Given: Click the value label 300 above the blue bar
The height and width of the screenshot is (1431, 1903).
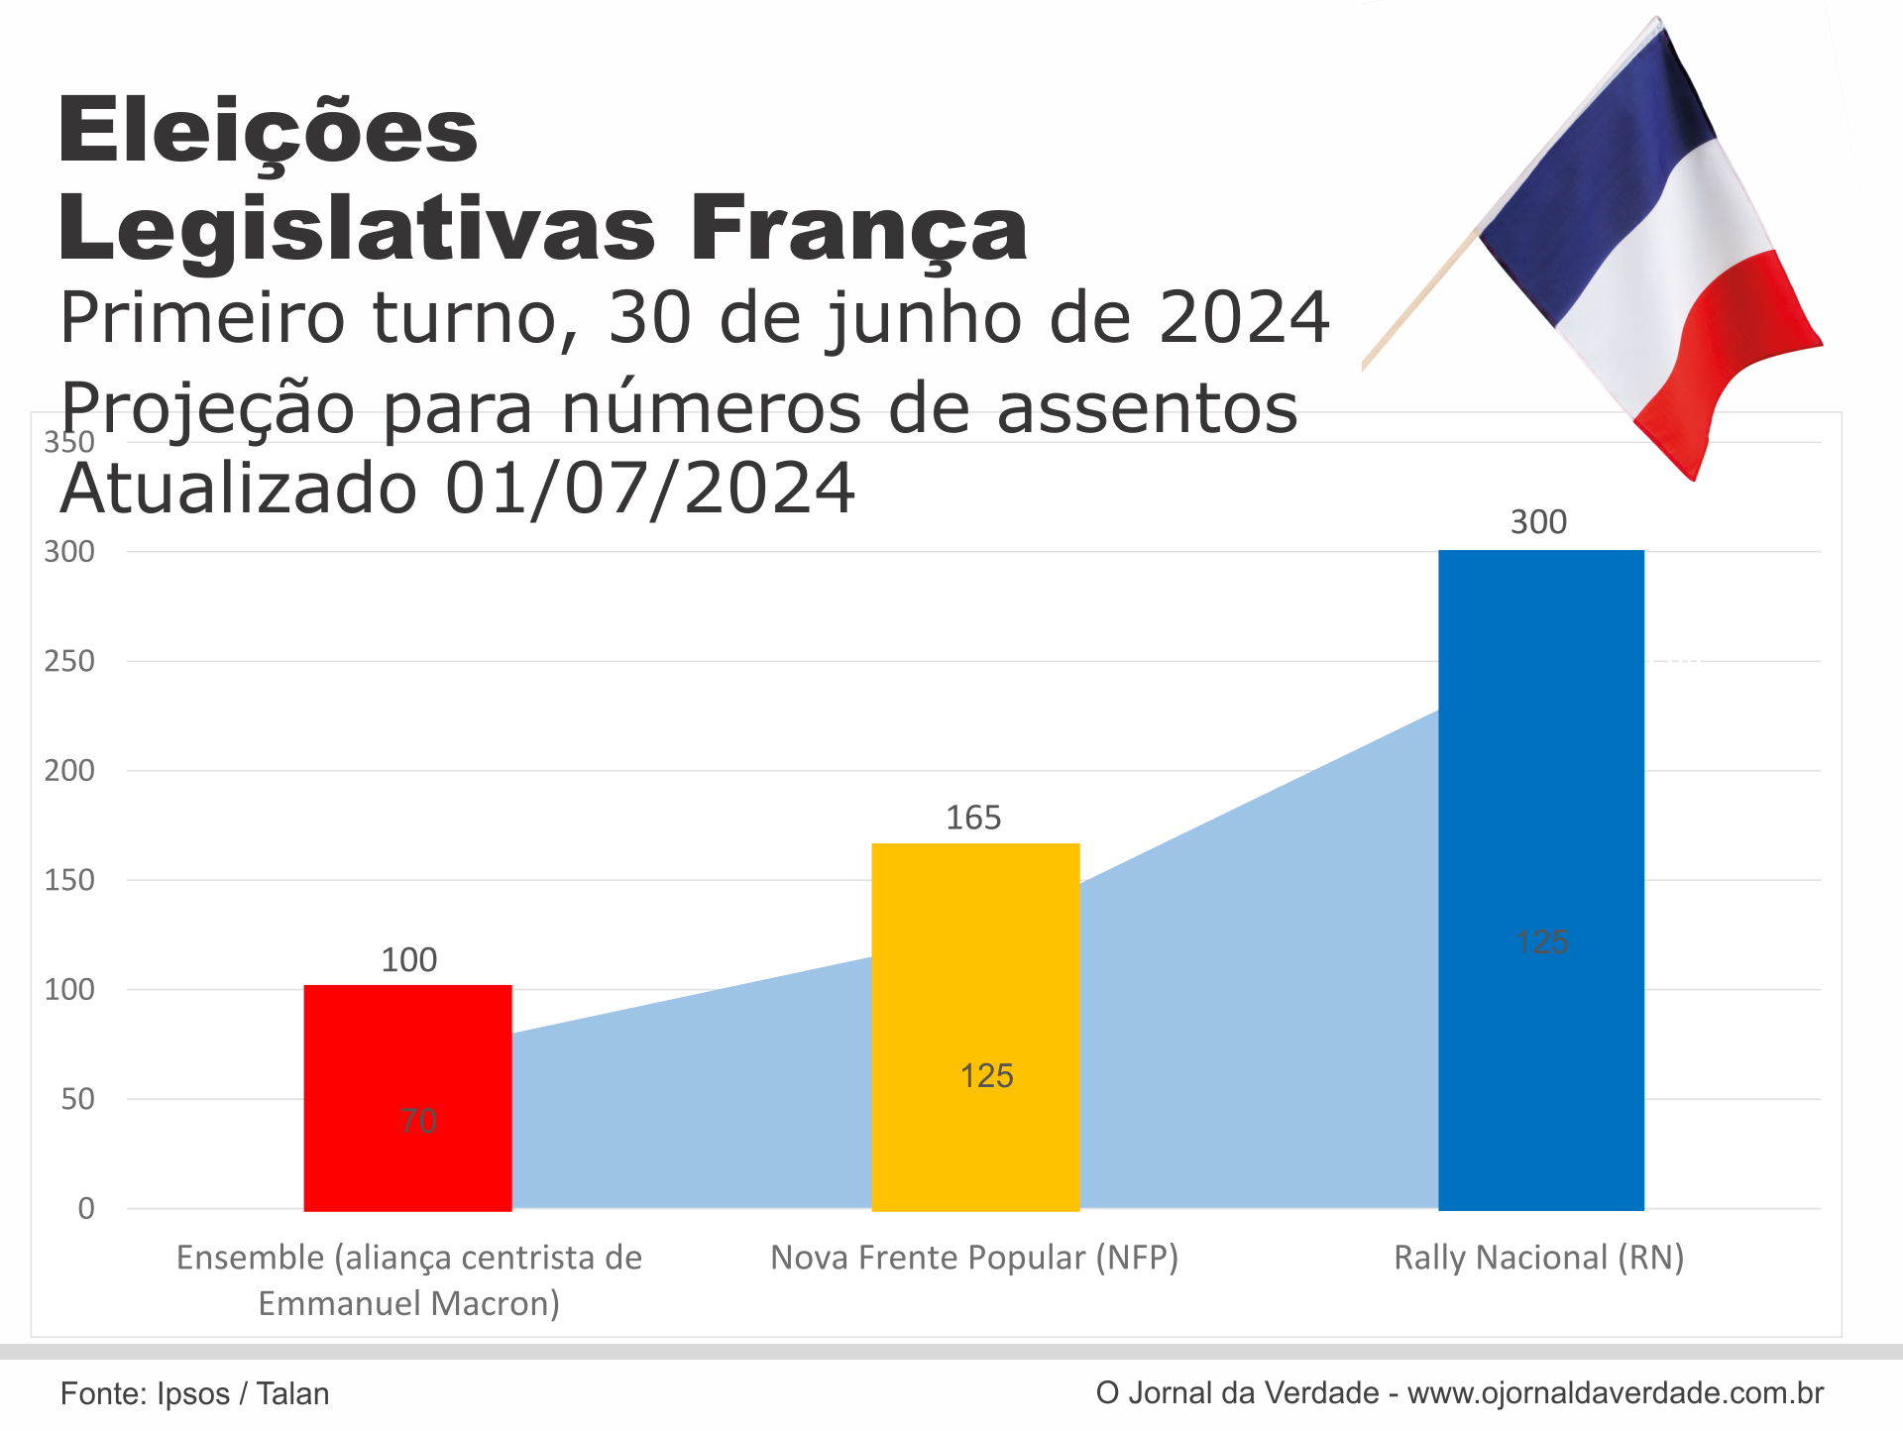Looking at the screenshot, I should [1538, 522].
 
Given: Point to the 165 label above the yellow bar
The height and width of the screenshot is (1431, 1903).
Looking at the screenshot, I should [973, 818].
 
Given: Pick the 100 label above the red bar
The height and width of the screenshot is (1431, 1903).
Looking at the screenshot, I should [408, 959].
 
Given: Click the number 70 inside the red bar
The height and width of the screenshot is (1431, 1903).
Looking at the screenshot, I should [418, 1121].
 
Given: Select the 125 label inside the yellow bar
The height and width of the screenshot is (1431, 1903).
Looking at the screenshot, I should [986, 1076].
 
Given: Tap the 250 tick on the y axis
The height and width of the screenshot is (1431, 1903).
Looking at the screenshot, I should [69, 661].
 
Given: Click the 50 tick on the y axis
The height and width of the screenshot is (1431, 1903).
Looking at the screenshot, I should [77, 1099].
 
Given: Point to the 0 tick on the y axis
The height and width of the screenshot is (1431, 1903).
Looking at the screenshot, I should [86, 1208].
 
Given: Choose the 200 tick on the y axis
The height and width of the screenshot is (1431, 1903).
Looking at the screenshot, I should [69, 770].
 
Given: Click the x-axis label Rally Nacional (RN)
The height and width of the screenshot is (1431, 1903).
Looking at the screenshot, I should [1538, 1258].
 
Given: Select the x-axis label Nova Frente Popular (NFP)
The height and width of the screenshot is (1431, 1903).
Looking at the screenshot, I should [974, 1258].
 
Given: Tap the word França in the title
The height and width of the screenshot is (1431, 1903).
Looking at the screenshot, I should [858, 230].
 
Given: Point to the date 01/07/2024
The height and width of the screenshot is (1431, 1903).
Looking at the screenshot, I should [649, 489].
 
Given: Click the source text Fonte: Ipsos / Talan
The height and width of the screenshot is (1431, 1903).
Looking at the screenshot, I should [194, 1393].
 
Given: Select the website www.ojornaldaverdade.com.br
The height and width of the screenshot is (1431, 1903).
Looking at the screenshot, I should [1615, 1392].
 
